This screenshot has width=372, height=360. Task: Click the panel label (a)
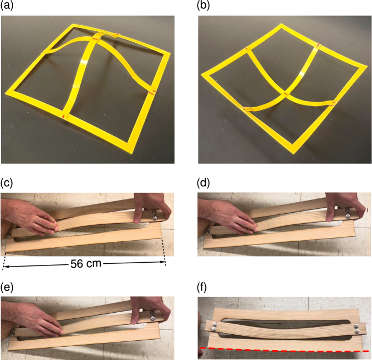7,5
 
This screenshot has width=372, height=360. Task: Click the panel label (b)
203,5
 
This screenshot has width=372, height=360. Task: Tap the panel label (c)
7,182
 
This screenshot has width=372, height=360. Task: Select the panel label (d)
203,182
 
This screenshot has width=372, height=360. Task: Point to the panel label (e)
7,286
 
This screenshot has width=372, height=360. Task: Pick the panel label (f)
202,286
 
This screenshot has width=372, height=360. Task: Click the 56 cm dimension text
86,263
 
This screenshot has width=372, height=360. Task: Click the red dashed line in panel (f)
284,350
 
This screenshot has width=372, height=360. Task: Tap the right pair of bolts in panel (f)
357,328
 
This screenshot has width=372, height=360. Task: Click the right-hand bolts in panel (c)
155,214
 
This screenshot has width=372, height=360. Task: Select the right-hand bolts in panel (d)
348,213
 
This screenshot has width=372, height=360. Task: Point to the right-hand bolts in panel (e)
152,317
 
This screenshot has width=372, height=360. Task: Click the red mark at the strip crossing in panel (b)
286,94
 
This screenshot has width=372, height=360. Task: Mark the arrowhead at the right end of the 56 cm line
163,262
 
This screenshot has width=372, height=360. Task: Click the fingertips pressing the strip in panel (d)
253,228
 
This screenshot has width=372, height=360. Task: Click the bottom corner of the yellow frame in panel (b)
294,153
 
